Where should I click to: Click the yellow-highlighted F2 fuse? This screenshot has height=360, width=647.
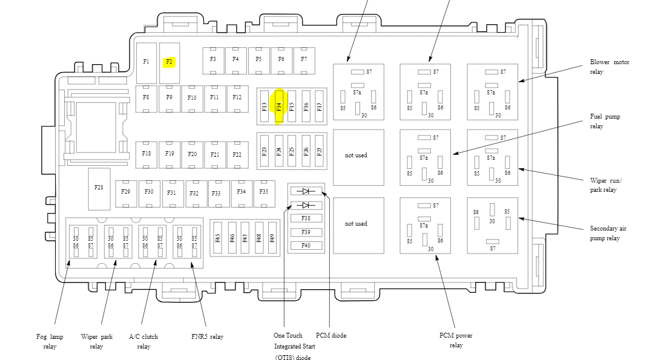pyautogui.click(x=169, y=62)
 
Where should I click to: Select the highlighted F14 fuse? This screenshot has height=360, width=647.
pyautogui.click(x=279, y=107)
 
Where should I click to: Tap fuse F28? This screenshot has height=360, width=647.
pyautogui.click(x=99, y=188)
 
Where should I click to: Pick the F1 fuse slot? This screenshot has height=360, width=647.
pyautogui.click(x=146, y=62)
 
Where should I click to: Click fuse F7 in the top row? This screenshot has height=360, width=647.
pyautogui.click(x=304, y=59)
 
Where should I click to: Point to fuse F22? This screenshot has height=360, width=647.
pyautogui.click(x=237, y=154)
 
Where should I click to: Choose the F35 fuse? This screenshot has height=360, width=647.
pyautogui.click(x=264, y=192)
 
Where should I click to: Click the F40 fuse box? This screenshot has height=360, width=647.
pyautogui.click(x=306, y=245)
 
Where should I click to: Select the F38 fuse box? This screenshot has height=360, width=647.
pyautogui.click(x=306, y=218)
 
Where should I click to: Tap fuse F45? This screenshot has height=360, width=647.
pyautogui.click(x=218, y=238)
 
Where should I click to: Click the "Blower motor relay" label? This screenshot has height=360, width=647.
pyautogui.click(x=609, y=67)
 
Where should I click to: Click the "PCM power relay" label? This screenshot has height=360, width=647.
pyautogui.click(x=456, y=340)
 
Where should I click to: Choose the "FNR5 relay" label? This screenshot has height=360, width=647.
pyautogui.click(x=207, y=337)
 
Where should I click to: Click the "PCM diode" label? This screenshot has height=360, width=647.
pyautogui.click(x=331, y=336)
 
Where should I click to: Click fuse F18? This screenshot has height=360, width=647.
pyautogui.click(x=146, y=154)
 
